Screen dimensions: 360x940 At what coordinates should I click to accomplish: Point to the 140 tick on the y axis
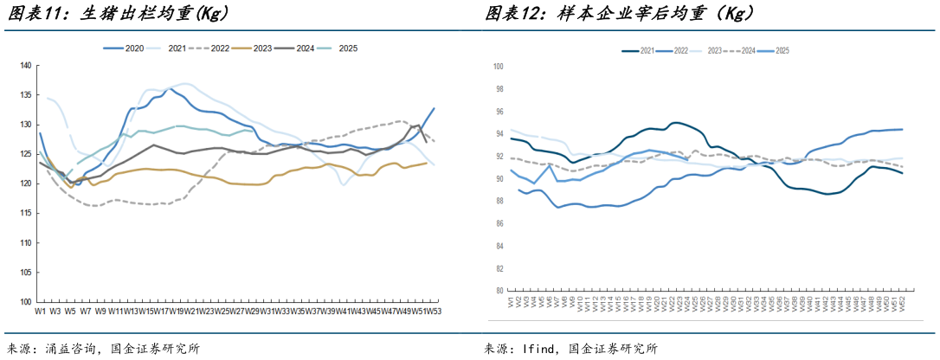point(25,66)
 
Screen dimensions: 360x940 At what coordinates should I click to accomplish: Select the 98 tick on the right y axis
point(498,88)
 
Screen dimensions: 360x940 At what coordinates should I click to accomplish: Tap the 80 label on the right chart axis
point(498,291)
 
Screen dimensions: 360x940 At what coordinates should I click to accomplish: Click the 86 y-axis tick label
point(498,223)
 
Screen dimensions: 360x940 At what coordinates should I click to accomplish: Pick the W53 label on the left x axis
point(433,311)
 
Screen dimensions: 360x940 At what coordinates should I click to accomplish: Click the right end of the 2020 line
point(434,109)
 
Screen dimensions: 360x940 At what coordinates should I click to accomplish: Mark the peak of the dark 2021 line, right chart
point(673,122)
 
